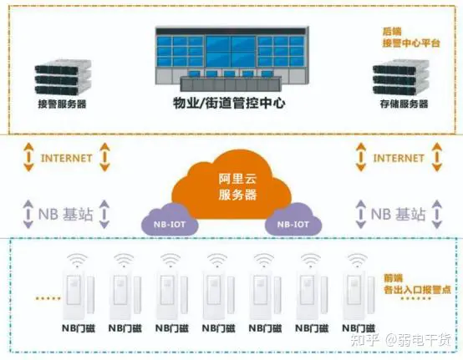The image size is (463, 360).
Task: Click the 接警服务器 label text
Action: tap(62, 104)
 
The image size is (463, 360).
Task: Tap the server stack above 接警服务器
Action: tap(63, 77)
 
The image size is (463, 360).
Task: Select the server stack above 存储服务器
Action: tap(400, 77)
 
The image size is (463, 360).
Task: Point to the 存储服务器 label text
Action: tap(404, 104)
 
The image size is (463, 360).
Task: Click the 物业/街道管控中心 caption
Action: tap(229, 103)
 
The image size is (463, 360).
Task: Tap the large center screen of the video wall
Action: tap(231, 52)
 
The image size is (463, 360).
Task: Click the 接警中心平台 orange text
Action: tap(411, 43)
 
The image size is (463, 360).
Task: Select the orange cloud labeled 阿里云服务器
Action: tap(232, 185)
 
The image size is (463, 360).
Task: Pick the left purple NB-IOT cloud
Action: tap(170, 220)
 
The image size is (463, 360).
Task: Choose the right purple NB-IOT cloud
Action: tap(293, 220)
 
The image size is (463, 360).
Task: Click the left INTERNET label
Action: tap(66, 158)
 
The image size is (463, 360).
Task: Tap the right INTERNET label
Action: tap(399, 158)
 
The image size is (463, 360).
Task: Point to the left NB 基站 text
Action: tap(66, 214)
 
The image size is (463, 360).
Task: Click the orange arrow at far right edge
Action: tap(437, 157)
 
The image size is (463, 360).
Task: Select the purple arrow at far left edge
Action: tap(28, 214)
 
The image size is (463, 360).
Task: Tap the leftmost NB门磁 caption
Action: tap(79, 328)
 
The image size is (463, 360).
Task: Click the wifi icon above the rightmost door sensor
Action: tap(358, 261)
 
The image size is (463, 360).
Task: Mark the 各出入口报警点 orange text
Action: tap(417, 290)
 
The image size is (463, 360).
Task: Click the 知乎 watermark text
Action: tap(364, 340)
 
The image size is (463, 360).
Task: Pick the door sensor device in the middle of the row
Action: tap(218, 295)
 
